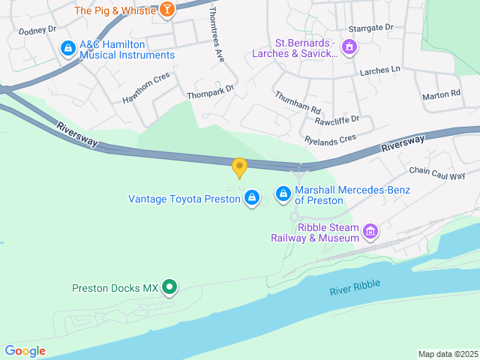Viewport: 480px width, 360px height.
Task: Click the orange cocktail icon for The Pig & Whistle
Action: (x=169, y=10)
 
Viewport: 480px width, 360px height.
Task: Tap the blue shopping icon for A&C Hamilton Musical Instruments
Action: (x=68, y=48)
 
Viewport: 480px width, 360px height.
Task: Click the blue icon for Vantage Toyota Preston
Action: (x=252, y=198)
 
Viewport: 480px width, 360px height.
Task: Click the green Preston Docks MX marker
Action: (x=170, y=286)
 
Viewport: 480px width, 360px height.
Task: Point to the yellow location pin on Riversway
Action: (x=239, y=167)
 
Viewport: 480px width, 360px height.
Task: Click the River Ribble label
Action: (x=355, y=286)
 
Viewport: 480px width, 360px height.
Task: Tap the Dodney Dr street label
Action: (x=37, y=31)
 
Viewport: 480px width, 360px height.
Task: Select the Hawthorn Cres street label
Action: (x=146, y=88)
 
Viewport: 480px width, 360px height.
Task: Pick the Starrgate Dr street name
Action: (x=373, y=27)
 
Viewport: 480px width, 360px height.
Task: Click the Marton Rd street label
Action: (x=441, y=94)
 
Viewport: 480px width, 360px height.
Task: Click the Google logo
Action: (x=25, y=351)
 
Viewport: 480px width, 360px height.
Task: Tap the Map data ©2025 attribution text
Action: (x=447, y=354)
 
